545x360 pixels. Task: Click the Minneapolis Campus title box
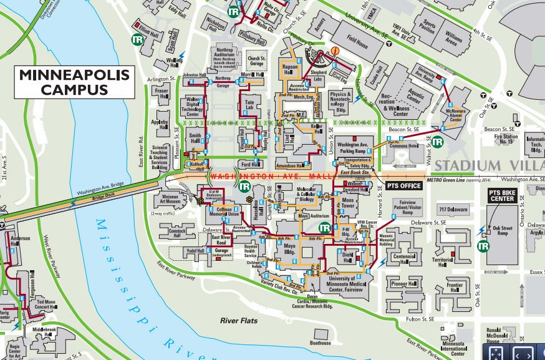tap(74, 82)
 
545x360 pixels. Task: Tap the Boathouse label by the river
tap(321, 343)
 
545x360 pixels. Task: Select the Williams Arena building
tap(454, 39)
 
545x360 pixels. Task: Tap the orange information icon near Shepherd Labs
tap(335, 51)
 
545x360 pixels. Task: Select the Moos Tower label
tap(348, 203)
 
